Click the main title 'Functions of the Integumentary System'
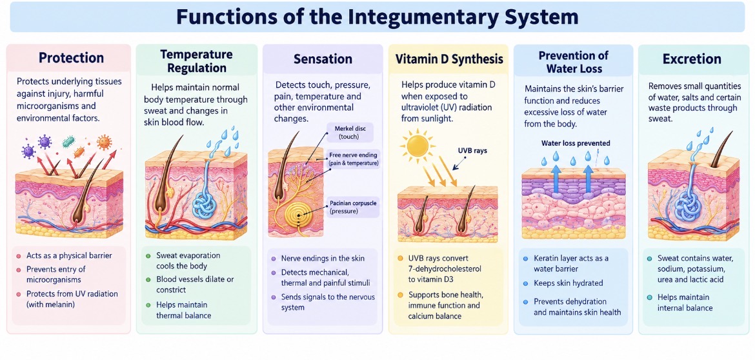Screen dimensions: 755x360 [x=377, y=17]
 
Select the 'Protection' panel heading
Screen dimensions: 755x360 [x=71, y=58]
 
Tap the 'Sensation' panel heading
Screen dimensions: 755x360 [x=323, y=59]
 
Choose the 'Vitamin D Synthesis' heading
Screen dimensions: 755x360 [x=448, y=59]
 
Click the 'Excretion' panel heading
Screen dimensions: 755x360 [x=692, y=59]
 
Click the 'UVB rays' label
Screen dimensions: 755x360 [x=473, y=150]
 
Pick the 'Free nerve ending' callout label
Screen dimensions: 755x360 [x=354, y=155]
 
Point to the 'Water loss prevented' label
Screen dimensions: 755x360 [x=576, y=143]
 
